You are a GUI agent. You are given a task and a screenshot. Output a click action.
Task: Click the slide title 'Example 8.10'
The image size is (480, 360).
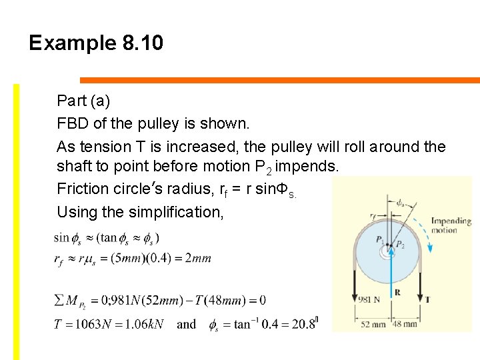pos(96,43)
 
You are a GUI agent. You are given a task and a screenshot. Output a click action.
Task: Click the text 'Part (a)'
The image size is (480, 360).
pos(83,101)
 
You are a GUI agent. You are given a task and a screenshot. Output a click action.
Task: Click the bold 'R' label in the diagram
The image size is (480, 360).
pos(397,292)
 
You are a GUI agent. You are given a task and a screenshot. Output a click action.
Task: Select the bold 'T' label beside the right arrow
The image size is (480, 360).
pos(427,299)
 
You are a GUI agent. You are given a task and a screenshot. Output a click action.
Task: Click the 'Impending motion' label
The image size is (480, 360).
pos(451,225)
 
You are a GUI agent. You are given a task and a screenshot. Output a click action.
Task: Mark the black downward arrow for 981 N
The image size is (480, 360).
pos(353,280)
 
